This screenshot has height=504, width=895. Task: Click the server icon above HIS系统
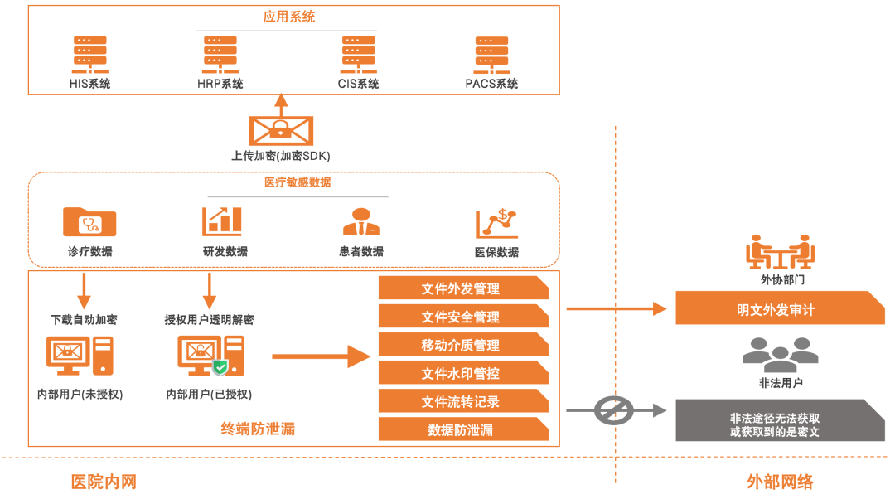point(89,55)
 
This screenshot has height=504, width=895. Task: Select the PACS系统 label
point(491,84)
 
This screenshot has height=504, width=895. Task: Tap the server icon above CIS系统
point(358,55)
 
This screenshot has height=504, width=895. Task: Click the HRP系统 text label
point(220,84)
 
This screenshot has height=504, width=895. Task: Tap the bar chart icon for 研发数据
point(222,221)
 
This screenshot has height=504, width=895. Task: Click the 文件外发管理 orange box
point(462,288)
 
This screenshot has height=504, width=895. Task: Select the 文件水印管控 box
point(462,373)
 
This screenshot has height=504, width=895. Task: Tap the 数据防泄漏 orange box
point(462,429)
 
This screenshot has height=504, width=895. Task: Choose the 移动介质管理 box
point(462,345)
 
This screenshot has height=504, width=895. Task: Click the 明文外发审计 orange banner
point(779,309)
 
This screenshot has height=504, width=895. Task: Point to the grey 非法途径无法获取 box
point(779,419)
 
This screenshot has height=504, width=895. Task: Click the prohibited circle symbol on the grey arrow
point(614,409)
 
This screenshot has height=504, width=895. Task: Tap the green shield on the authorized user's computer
point(220,367)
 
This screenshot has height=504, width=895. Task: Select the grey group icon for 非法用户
point(780,355)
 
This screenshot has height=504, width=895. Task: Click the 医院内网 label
point(104,482)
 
